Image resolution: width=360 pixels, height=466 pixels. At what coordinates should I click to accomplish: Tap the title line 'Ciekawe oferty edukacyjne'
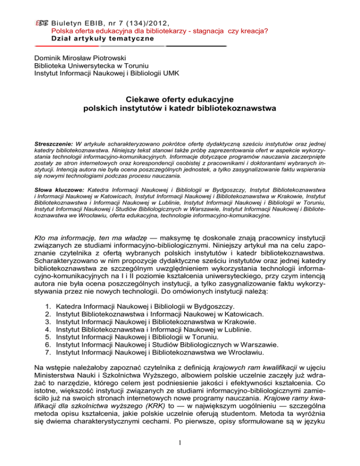coord(180,100)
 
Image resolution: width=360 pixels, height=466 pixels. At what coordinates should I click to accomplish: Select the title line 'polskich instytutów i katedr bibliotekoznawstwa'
coord(180,110)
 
